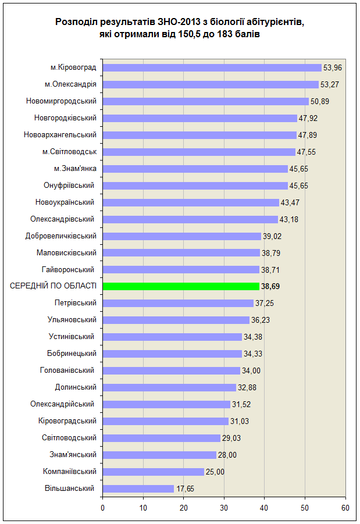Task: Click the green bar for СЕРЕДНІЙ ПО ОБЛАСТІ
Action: (181, 286)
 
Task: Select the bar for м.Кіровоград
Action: (212, 67)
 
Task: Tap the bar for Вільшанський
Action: (138, 489)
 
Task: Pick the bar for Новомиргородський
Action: (205, 101)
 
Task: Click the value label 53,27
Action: (330, 84)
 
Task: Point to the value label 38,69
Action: (270, 286)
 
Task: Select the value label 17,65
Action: (185, 489)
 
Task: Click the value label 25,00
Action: (215, 472)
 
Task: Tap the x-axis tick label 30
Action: (224, 508)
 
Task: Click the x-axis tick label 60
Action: (345, 508)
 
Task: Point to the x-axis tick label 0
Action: (102, 508)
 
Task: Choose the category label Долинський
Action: (76, 387)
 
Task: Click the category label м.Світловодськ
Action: (70, 152)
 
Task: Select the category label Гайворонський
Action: (68, 269)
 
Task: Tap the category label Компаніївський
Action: (70, 472)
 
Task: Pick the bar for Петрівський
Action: (178, 303)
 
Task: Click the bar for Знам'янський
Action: (159, 455)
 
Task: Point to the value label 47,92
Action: (308, 118)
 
